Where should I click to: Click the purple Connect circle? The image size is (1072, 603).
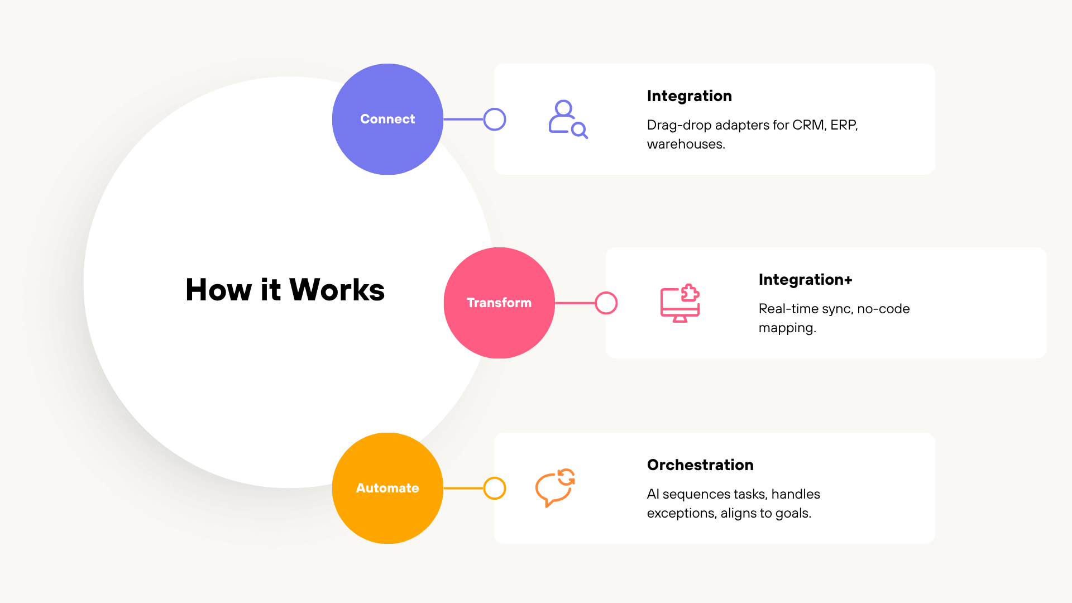click(387, 119)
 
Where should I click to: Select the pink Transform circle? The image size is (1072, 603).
click(499, 303)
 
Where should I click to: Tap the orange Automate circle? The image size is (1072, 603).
click(387, 488)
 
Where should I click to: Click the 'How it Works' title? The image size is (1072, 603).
click(285, 290)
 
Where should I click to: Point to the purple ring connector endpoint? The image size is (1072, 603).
click(495, 119)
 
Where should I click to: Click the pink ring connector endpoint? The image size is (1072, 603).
click(606, 303)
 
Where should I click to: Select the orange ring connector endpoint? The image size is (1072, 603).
click(495, 488)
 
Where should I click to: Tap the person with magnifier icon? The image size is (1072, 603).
click(568, 119)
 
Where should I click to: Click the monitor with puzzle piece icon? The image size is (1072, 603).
click(680, 303)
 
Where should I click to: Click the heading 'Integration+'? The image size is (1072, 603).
click(805, 280)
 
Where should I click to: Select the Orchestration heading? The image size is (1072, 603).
click(700, 465)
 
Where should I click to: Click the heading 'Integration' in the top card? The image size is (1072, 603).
click(689, 96)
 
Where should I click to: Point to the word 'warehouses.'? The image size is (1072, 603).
click(686, 144)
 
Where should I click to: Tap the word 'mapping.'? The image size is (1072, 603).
click(787, 328)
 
